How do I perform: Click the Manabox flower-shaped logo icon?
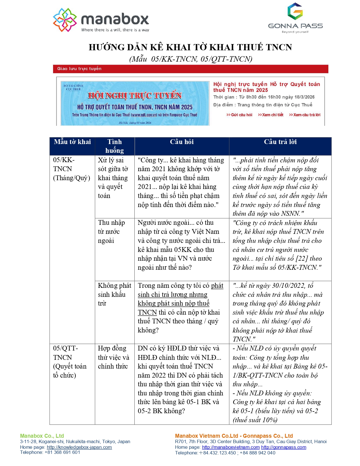tap(65, 20)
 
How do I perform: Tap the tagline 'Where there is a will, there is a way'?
tap(115, 30)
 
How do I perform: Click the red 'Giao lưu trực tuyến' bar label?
tap(79, 69)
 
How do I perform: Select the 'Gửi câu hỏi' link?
tap(240, 115)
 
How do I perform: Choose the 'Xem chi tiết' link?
tap(271, 115)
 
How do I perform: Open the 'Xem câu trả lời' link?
tap(305, 115)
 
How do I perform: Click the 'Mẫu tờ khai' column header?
tap(72, 142)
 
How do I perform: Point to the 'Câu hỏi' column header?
tap(182, 142)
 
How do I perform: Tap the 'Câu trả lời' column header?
tap(280, 142)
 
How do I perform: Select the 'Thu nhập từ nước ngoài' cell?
tap(112, 232)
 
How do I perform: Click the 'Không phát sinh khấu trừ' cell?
tap(114, 294)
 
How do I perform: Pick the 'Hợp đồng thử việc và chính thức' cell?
tap(113, 357)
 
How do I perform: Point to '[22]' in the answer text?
tap(302, 258)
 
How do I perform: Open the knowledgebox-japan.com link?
tap(79, 447)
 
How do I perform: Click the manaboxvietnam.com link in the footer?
tap(231, 447)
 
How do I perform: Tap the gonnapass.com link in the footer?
tap(283, 447)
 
